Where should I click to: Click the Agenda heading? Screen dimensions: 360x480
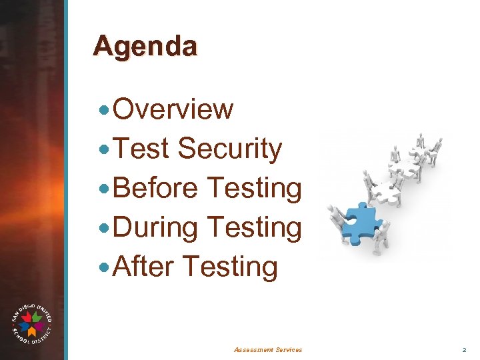(145, 47)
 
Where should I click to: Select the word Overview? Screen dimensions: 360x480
(173, 109)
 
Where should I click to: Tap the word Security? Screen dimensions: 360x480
(230, 149)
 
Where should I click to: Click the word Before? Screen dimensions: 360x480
(156, 188)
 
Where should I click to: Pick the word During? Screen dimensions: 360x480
(156, 227)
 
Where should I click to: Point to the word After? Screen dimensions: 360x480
(143, 267)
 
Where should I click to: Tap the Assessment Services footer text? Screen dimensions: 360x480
(268, 349)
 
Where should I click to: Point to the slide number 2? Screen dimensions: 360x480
(465, 349)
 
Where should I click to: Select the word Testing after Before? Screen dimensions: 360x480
(255, 188)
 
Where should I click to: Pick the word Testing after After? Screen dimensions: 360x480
(229, 267)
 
